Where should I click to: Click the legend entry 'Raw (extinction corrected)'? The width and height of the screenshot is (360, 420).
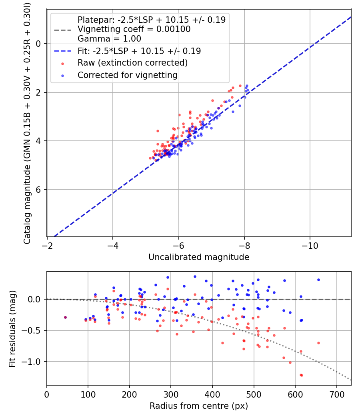[x=132, y=63]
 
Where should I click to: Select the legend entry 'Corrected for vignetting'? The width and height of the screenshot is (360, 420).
[x=127, y=75]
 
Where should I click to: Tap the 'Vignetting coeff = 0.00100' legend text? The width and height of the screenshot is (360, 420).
[x=134, y=29]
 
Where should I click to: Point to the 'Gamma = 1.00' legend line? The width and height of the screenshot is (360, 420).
[x=109, y=39]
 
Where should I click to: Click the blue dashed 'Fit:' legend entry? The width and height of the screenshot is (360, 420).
[x=139, y=51]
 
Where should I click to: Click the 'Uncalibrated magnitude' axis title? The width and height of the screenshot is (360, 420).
[x=199, y=257]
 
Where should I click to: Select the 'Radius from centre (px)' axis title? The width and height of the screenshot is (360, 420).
[x=199, y=406]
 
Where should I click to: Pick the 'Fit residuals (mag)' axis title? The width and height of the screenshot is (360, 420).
[x=12, y=328]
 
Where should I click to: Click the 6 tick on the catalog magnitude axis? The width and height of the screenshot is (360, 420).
[x=39, y=190]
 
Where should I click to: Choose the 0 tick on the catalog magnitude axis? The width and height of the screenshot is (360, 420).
[x=39, y=44]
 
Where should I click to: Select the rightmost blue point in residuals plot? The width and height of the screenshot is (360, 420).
[x=318, y=280]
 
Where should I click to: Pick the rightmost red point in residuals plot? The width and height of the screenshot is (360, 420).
[x=318, y=343]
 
